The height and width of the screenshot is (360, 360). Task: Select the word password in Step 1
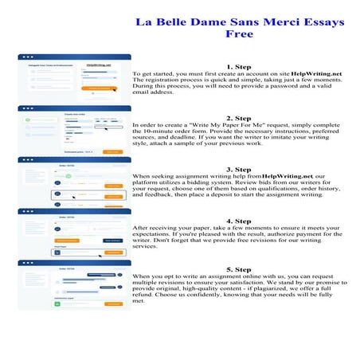point(291,87)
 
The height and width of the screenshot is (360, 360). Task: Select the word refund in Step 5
point(147,296)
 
